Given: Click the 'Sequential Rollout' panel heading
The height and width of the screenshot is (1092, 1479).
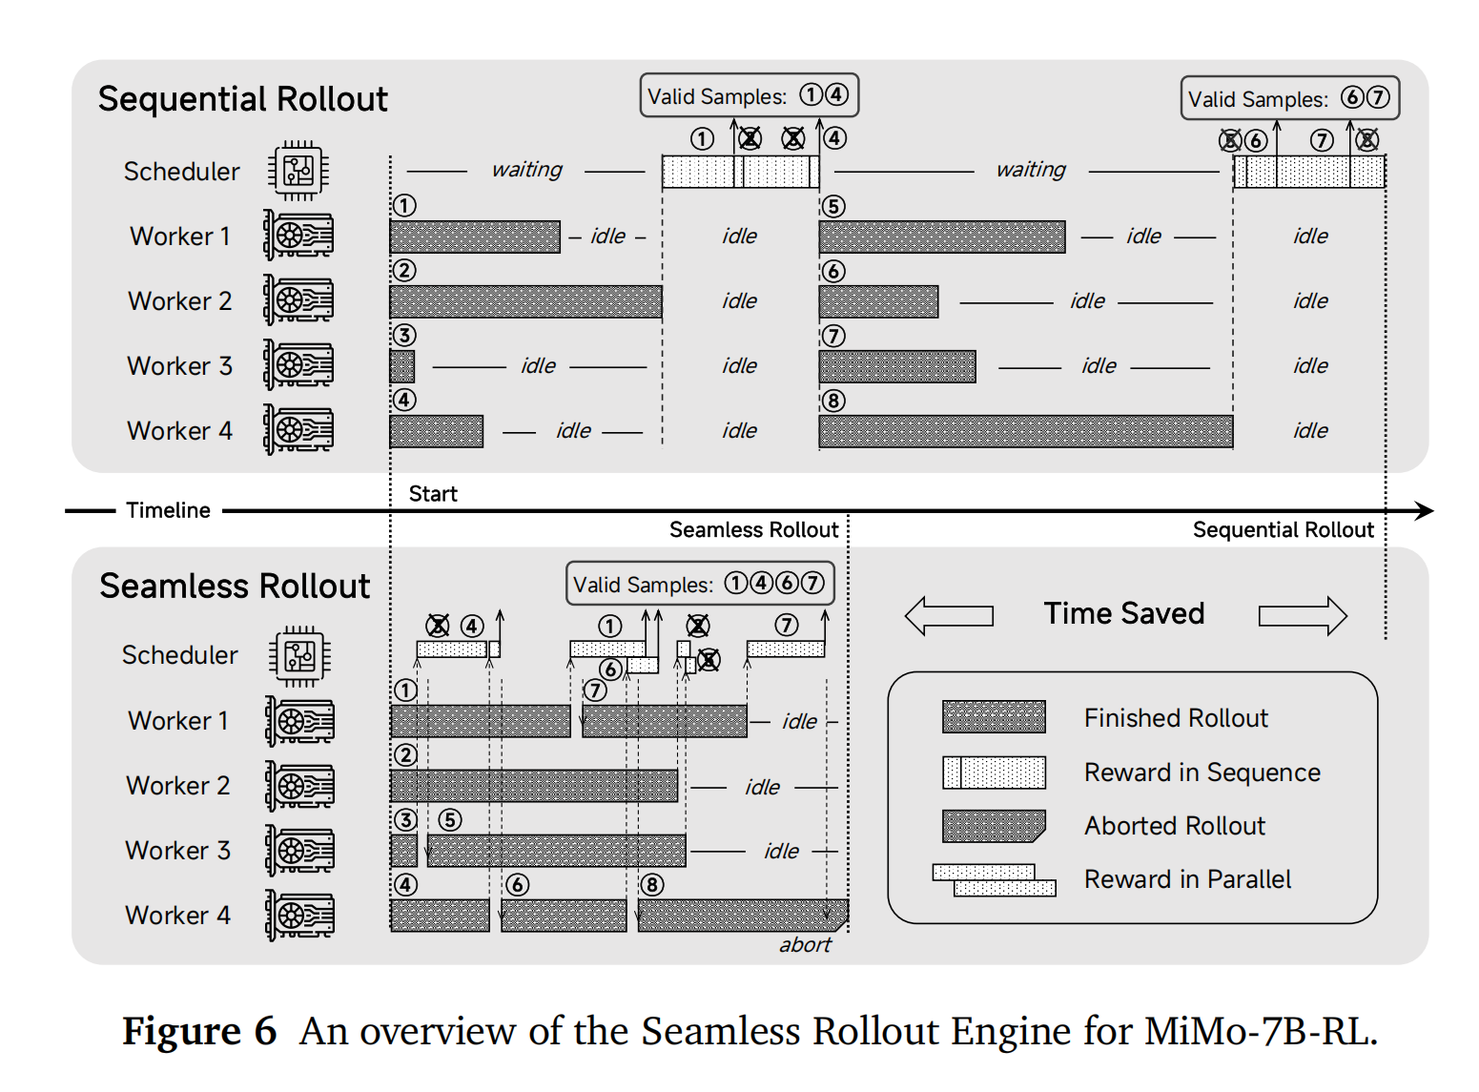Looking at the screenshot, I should [x=242, y=99].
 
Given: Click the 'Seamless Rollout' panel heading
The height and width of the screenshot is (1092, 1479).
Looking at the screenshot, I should [x=235, y=586].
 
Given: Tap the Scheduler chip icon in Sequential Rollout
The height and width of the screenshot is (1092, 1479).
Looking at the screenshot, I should [x=298, y=171].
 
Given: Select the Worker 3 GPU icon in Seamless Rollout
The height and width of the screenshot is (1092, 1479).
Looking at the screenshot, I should [x=299, y=851].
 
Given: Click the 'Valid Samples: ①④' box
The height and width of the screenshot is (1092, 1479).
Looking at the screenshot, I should [x=749, y=95].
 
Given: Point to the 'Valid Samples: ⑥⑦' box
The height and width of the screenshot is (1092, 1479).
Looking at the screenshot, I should [x=1289, y=98].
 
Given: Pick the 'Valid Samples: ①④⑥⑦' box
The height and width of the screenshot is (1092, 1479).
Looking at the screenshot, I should [x=700, y=584].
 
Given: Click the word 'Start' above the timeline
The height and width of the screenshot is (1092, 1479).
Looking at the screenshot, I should [x=433, y=494].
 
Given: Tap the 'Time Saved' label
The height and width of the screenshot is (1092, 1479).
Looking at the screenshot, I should [x=1123, y=613].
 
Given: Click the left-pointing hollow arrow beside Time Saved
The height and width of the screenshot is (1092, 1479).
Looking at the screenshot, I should [x=949, y=615].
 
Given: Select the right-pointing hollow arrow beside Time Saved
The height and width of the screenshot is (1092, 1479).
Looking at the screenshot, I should [x=1303, y=615].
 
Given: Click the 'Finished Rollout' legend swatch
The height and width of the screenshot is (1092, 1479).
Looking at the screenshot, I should [x=994, y=717].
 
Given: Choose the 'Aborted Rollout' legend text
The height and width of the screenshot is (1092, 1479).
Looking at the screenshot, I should [x=1174, y=826].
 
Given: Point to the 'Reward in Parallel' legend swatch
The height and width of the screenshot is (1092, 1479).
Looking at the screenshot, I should [x=994, y=879].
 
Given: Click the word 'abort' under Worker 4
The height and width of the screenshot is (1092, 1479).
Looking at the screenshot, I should [x=805, y=945].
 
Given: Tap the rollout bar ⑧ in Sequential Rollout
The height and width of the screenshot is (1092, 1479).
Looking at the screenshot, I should [x=1025, y=431].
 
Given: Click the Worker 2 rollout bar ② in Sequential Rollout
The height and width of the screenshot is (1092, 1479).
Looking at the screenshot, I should [x=525, y=301].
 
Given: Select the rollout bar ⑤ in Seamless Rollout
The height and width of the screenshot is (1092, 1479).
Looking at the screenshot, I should [x=556, y=851].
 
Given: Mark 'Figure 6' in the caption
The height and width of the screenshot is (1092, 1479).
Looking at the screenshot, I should [x=198, y=1032].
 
